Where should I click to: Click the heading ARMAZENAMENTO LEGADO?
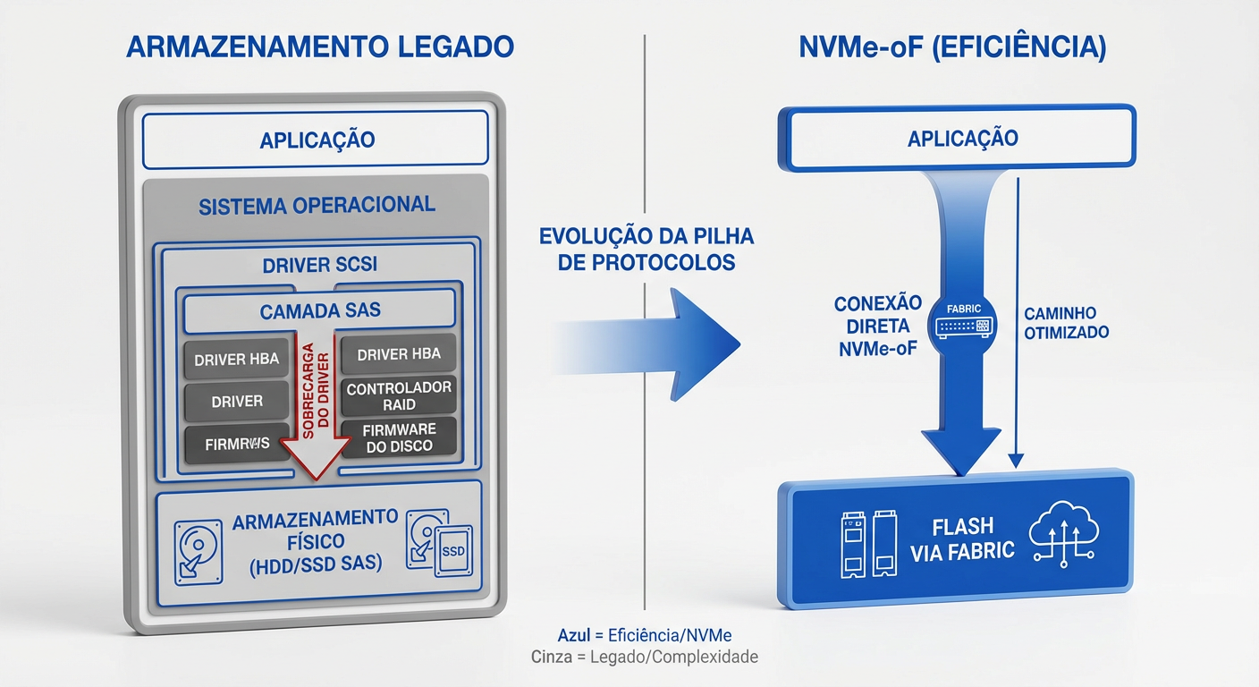[320, 47]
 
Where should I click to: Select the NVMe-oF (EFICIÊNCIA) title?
[952, 47]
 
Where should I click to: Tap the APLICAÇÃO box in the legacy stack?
[317, 140]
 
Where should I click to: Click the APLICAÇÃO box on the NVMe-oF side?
[961, 139]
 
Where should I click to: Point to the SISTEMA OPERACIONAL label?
[317, 205]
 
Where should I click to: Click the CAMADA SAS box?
[320, 311]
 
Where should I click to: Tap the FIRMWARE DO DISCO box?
[399, 438]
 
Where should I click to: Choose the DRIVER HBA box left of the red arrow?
[237, 360]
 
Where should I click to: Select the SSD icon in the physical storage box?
[453, 551]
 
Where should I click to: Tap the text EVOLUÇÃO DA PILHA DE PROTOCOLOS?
[646, 250]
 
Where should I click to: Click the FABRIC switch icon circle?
[963, 321]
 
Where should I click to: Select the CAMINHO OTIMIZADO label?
[1066, 323]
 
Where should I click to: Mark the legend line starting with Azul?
[645, 636]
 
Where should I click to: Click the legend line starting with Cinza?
[645, 657]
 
